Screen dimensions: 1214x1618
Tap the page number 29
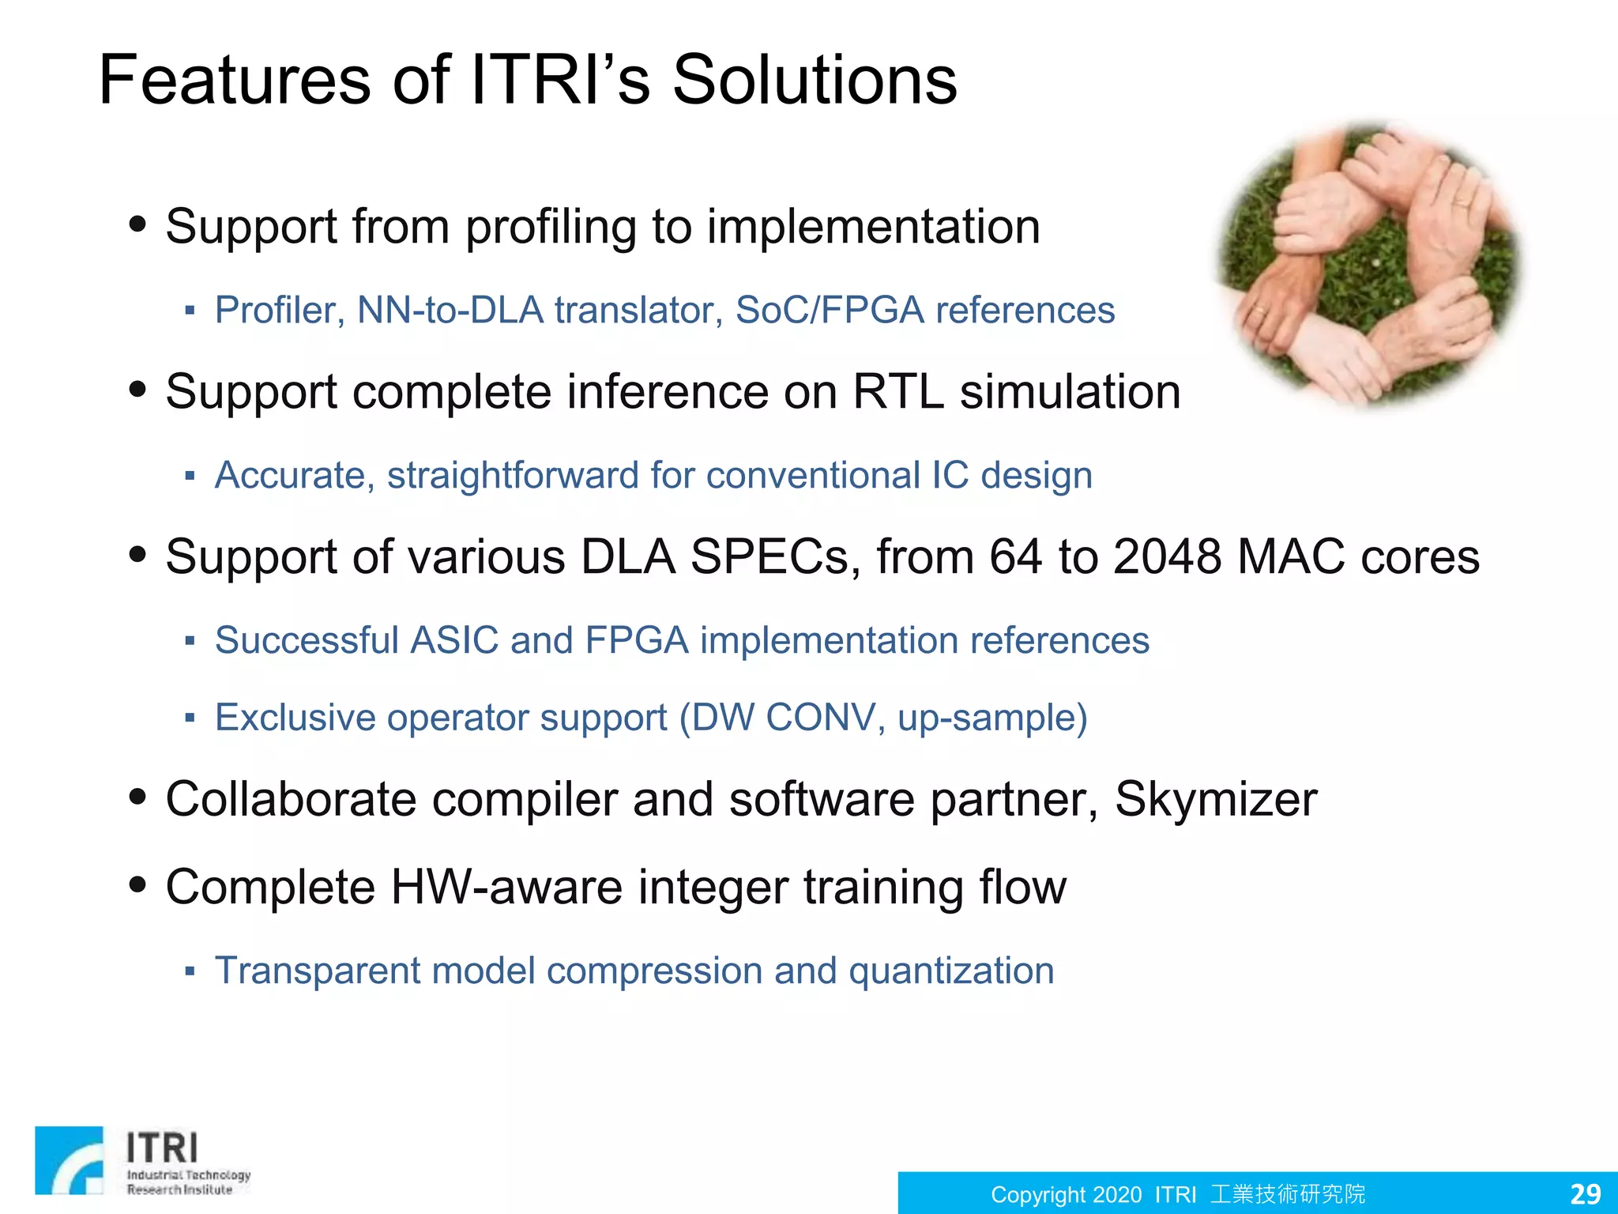[1585, 1193]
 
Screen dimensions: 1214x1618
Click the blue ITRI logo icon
[70, 1159]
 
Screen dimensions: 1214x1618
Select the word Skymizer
[1215, 799]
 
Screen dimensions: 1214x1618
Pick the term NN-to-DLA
[450, 310]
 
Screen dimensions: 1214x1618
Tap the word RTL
[897, 391]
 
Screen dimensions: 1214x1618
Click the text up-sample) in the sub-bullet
[992, 718]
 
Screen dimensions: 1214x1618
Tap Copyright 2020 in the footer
[1066, 1194]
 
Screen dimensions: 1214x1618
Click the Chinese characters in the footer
[1288, 1193]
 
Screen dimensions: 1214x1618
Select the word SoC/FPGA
[830, 310]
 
